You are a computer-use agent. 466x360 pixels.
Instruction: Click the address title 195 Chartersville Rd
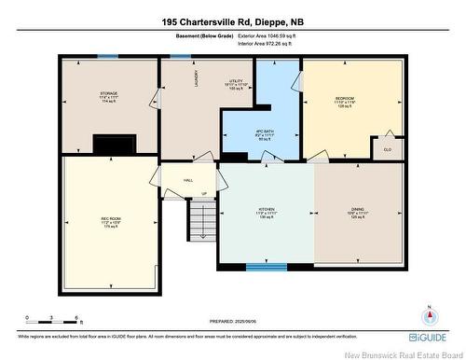click(x=232, y=21)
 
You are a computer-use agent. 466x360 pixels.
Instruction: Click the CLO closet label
click(x=387, y=146)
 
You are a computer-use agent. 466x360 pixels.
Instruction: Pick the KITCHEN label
click(x=268, y=211)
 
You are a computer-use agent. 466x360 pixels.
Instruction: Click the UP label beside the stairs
click(x=204, y=195)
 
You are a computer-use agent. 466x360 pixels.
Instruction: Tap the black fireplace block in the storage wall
click(x=113, y=145)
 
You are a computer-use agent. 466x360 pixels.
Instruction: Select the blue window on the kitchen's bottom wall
click(x=266, y=267)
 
